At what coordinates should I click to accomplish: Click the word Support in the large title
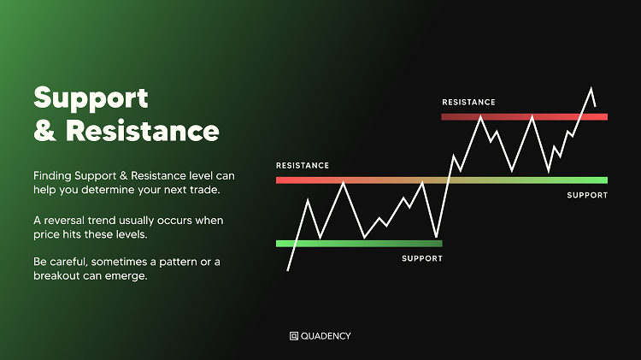[91, 98]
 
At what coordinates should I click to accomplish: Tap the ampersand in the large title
[45, 131]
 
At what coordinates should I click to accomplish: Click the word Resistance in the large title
[143, 131]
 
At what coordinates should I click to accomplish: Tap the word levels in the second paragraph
[130, 234]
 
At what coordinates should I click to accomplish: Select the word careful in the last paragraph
[69, 262]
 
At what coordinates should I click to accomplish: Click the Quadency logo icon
[294, 336]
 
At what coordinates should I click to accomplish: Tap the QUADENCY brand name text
[326, 336]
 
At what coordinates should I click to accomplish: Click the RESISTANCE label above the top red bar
[468, 103]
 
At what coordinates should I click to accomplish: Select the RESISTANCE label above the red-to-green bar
[303, 166]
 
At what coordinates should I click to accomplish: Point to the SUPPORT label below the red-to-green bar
[587, 196]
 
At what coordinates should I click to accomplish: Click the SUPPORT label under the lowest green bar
[422, 258]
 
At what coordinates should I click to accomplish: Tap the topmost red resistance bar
[525, 117]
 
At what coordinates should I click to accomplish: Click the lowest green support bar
[359, 244]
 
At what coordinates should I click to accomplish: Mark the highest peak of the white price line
[591, 88]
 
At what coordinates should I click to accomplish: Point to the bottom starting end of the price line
[288, 270]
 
